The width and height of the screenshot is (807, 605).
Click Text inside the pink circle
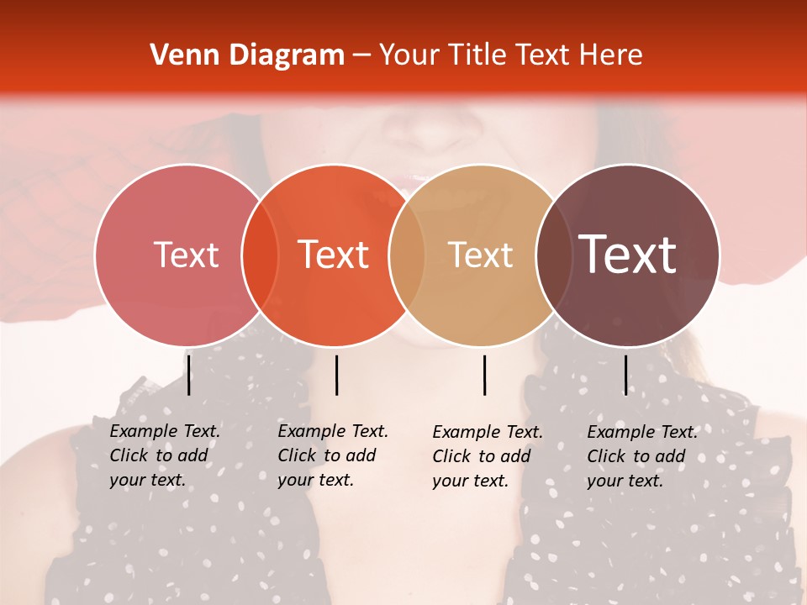[x=186, y=255]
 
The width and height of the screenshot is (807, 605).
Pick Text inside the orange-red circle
[x=334, y=255]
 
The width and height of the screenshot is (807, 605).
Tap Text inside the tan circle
[x=480, y=255]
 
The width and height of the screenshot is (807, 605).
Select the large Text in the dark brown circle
[x=628, y=255]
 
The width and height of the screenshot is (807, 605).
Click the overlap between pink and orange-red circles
[x=260, y=255]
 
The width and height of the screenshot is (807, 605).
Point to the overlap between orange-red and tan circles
[x=407, y=255]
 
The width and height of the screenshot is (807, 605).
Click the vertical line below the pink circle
[x=188, y=375]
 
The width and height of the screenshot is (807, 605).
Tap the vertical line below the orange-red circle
[x=336, y=375]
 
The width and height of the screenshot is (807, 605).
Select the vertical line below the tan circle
[x=484, y=375]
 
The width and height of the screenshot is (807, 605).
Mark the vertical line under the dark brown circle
[x=625, y=375]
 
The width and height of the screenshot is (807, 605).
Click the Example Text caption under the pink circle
[x=165, y=455]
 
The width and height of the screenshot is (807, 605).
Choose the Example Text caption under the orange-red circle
[x=333, y=455]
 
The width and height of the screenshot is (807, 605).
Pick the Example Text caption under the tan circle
[x=488, y=456]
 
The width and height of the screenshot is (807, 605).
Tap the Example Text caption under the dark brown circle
[x=642, y=456]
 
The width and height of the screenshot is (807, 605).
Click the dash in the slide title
[x=361, y=56]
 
